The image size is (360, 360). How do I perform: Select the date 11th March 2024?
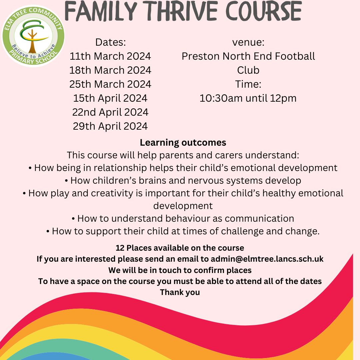[110, 56]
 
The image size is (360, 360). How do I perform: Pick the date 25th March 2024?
[110, 84]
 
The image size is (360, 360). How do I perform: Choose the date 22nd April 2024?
[110, 112]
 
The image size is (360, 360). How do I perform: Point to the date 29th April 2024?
[110, 126]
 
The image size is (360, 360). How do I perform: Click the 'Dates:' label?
[110, 42]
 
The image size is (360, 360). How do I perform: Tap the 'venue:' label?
[248, 42]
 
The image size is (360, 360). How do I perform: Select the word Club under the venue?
[248, 70]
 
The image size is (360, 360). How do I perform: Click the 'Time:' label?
[248, 84]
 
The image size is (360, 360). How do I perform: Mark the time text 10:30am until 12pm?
[248, 98]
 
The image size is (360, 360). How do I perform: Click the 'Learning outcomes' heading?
[183, 143]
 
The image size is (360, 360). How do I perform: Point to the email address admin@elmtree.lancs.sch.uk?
[267, 259]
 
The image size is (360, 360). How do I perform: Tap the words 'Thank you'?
[180, 293]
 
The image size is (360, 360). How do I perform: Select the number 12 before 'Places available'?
[120, 248]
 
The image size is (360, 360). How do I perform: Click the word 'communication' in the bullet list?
[259, 219]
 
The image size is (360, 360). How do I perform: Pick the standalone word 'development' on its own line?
[183, 206]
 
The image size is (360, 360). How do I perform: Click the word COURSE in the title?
[264, 11]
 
